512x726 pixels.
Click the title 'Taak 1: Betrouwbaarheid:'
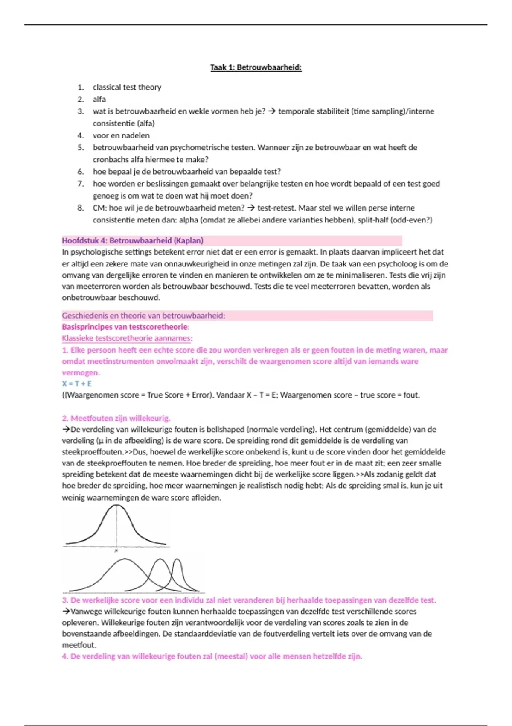[256, 67]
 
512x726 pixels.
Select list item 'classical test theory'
[127, 87]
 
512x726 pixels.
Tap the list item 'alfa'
[99, 99]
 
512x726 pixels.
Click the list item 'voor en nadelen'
[121, 135]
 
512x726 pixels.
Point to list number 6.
[81, 172]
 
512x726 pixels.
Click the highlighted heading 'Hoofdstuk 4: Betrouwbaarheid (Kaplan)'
[133, 240]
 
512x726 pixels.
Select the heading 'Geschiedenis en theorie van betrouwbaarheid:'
[143, 316]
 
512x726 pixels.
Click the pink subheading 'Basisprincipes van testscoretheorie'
[125, 327]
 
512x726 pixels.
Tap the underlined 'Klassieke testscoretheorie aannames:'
[127, 338]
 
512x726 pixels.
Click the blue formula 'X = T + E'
[77, 383]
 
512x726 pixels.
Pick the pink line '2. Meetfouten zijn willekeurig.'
[116, 418]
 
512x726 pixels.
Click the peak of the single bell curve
[116, 506]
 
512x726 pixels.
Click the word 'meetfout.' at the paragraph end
[79, 645]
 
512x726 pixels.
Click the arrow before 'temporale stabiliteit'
[272, 111]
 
